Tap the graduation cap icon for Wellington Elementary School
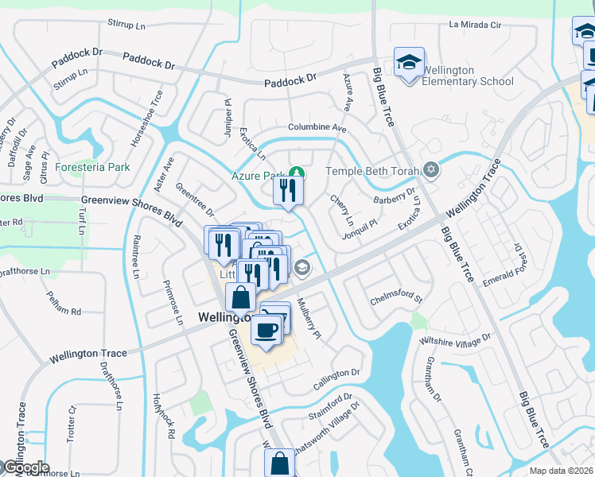(408, 63)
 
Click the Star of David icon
(431, 170)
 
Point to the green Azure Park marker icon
(297, 173)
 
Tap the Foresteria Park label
(92, 168)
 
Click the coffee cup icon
(266, 329)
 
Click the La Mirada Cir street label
(475, 25)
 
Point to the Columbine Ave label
(317, 128)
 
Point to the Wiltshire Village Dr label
(455, 339)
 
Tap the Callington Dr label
(336, 378)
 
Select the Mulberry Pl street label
(309, 320)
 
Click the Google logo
(25, 467)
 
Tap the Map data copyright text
(562, 471)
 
